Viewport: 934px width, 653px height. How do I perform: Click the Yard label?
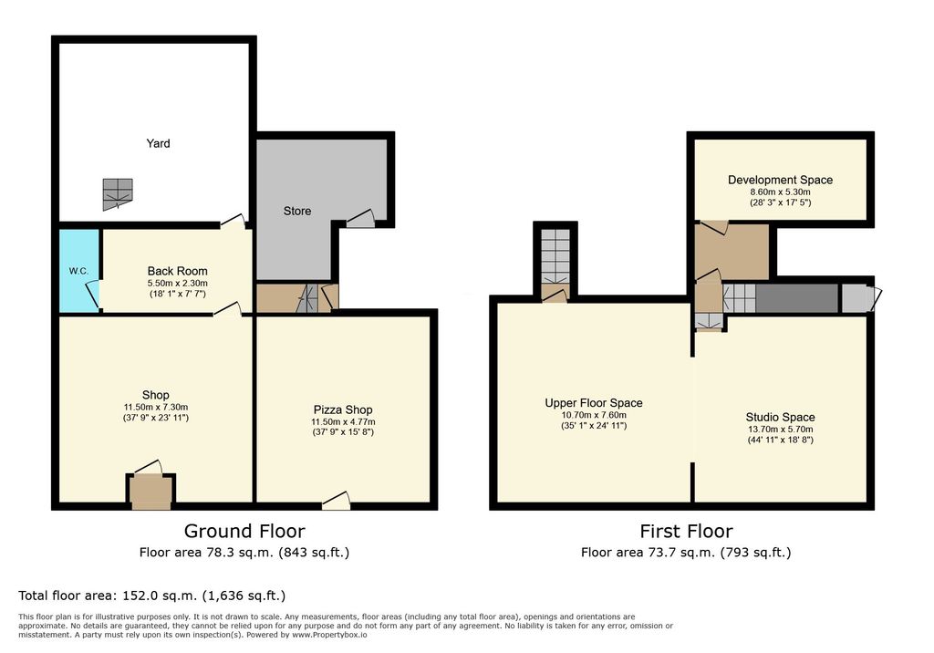158,143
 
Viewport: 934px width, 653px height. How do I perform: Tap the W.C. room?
78,271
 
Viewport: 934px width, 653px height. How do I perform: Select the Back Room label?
178,271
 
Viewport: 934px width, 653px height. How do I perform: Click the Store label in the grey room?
297,211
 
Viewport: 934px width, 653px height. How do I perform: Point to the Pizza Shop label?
343,409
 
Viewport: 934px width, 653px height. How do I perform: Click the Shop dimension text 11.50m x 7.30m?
156,407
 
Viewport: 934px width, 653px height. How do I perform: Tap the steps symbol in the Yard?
118,194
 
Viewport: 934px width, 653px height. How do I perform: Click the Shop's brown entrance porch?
150,492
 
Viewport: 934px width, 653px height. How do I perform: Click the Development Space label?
781,180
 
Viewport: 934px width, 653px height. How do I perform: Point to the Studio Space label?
781,417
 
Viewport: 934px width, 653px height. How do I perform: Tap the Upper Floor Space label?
594,403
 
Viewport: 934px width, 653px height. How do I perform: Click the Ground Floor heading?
244,531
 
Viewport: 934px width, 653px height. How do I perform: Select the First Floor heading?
686,531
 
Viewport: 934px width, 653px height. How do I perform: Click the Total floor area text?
152,596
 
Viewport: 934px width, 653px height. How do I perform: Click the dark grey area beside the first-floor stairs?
796,298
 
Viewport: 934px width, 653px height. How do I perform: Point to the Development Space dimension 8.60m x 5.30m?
781,192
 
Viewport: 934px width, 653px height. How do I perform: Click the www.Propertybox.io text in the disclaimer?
329,635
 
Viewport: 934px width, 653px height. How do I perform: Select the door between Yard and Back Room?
233,221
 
